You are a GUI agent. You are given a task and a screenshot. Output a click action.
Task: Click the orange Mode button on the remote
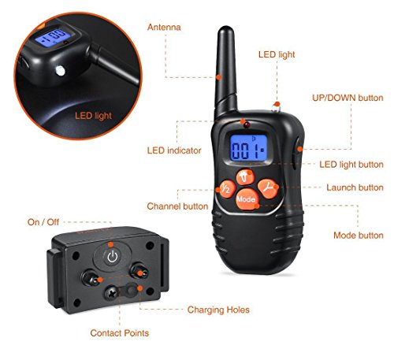(247, 199)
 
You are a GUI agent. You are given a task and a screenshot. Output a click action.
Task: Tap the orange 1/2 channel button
(225, 188)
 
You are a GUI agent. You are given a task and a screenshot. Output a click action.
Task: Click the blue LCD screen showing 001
(248, 148)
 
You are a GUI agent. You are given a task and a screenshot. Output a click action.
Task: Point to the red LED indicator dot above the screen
(247, 124)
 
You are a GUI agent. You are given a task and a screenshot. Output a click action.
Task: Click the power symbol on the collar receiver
(113, 257)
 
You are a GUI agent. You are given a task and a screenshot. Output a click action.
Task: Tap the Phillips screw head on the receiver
(111, 293)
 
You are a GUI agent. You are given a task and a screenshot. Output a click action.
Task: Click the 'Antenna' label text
(164, 28)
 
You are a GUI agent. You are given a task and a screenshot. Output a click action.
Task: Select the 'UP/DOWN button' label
(348, 98)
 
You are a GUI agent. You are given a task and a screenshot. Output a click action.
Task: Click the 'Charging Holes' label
(218, 310)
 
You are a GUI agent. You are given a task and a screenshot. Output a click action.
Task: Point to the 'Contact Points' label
(120, 333)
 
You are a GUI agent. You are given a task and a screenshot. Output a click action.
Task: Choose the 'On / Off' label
(43, 222)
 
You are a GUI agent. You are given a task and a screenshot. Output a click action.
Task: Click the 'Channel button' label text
(177, 206)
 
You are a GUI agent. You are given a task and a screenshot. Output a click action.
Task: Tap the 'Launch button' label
(355, 187)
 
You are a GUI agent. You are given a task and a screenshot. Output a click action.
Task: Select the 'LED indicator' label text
(174, 150)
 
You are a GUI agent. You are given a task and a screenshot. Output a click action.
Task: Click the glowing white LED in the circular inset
(60, 71)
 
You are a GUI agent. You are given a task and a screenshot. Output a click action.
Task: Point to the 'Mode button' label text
(359, 236)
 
